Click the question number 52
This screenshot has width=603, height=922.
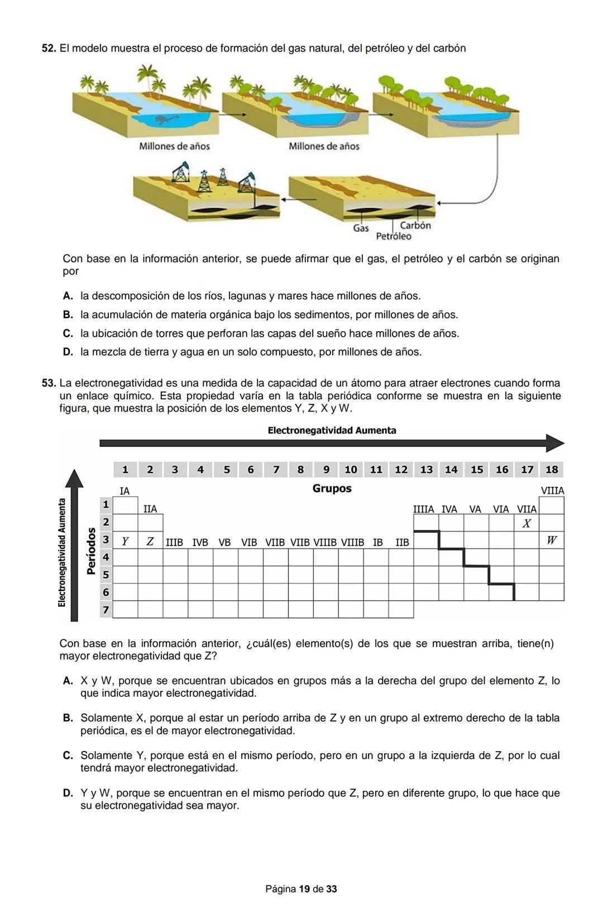pyautogui.click(x=49, y=49)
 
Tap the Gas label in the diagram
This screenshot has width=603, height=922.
pyautogui.click(x=361, y=228)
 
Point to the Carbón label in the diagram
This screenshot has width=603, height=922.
pyautogui.click(x=415, y=226)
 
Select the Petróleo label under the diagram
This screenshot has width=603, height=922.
pyautogui.click(x=394, y=236)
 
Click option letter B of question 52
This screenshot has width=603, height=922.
pyautogui.click(x=68, y=315)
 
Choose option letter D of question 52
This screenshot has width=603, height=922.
pyautogui.click(x=68, y=352)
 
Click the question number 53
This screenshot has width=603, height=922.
pyautogui.click(x=49, y=384)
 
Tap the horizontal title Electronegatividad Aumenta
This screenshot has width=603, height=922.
pyautogui.click(x=332, y=431)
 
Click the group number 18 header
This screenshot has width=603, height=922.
pyautogui.click(x=552, y=470)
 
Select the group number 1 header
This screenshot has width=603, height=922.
pyautogui.click(x=125, y=470)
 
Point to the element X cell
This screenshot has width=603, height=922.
pyautogui.click(x=527, y=523)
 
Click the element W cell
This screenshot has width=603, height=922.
pyautogui.click(x=552, y=540)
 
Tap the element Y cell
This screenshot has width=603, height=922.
pyautogui.click(x=125, y=541)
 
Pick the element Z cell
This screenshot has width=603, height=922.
pyautogui.click(x=150, y=541)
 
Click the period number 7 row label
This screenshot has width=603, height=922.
pyautogui.click(x=105, y=609)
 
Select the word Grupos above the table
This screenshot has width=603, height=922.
pyautogui.click(x=332, y=489)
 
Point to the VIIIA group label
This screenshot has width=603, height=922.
pyautogui.click(x=552, y=491)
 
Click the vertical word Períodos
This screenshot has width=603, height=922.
pyautogui.click(x=91, y=551)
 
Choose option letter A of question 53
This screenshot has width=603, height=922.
pyautogui.click(x=68, y=681)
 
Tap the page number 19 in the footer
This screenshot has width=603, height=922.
pyautogui.click(x=304, y=889)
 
